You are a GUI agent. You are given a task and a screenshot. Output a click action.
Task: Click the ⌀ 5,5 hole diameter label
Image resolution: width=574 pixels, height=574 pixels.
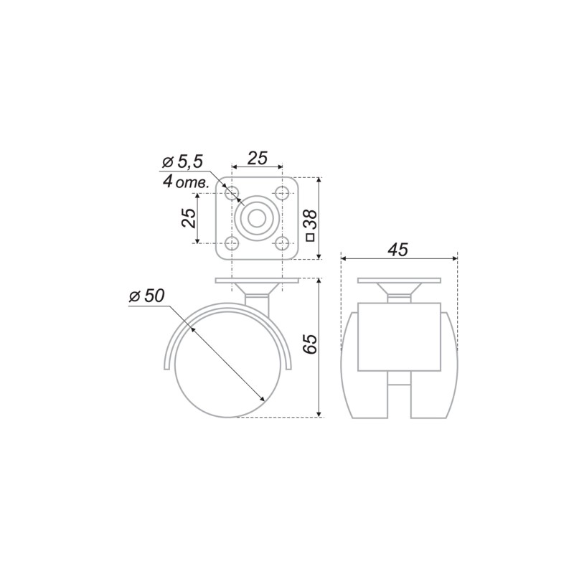(182, 162)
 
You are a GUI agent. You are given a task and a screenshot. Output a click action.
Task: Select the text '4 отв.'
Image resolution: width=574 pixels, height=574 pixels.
(186, 182)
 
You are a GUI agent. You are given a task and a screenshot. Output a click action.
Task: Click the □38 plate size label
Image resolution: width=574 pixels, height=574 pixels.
(311, 225)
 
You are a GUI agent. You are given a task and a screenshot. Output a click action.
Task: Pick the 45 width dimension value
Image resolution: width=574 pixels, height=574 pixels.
(398, 250)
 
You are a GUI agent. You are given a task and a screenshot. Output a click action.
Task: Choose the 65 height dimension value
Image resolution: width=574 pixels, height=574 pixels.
(311, 344)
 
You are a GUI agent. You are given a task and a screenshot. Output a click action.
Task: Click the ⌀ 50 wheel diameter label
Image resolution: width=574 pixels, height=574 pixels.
(147, 296)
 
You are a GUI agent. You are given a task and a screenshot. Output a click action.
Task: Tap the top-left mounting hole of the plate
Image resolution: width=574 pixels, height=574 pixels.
(232, 193)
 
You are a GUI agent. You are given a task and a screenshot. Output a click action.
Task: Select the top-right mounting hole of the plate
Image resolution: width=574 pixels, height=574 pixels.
(282, 193)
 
